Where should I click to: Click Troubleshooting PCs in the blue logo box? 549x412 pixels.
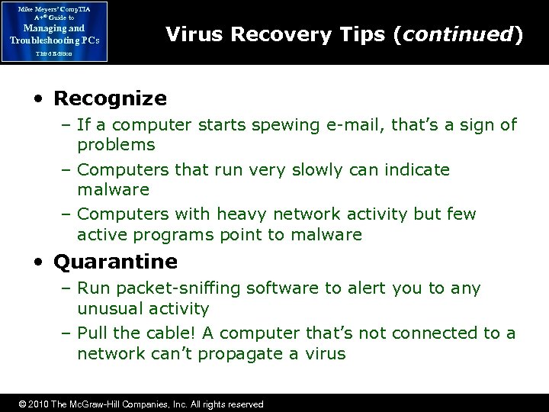click(x=54, y=39)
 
